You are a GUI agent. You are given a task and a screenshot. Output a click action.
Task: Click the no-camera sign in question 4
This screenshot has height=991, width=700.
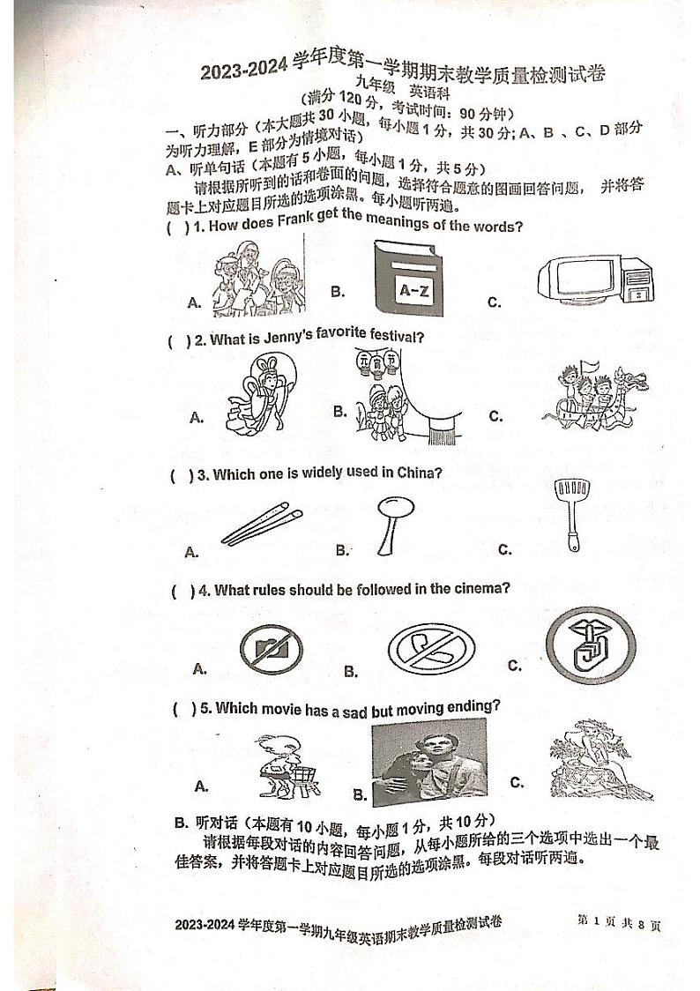point(271,650)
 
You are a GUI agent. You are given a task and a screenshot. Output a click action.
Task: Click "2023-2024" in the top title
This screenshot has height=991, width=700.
point(245,72)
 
